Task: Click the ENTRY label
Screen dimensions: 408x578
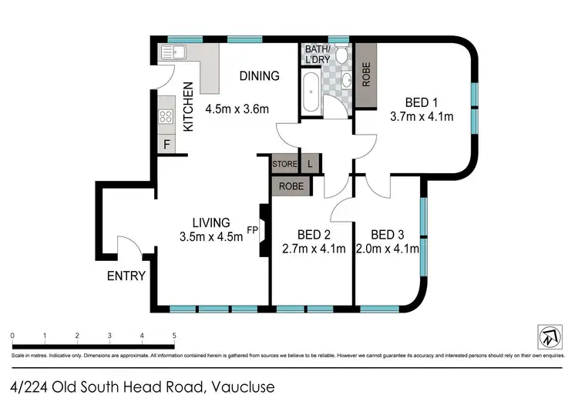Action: (126, 275)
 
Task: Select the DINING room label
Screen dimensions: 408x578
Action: (258, 75)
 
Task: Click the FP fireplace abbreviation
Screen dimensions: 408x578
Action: (252, 229)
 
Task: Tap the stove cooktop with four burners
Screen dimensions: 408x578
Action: (165, 117)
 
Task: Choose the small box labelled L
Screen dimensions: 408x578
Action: (310, 164)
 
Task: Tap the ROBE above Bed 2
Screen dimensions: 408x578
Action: (291, 186)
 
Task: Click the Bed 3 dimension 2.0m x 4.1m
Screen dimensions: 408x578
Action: (388, 248)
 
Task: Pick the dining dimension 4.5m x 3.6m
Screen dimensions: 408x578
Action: (237, 109)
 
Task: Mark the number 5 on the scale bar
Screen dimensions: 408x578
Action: (175, 336)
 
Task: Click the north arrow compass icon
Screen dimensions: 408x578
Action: (548, 336)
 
